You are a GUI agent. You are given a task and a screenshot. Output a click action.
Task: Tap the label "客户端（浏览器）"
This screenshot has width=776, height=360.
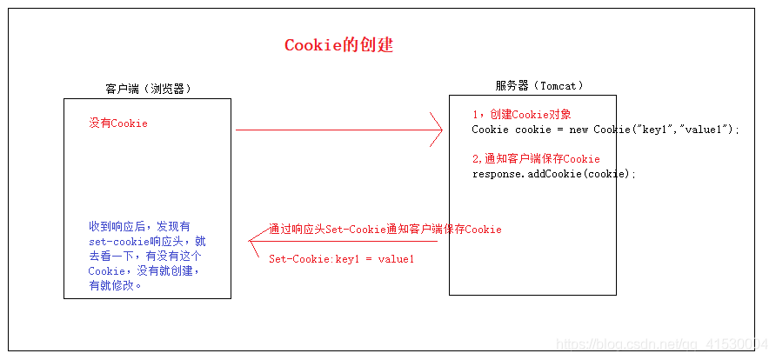click(148, 89)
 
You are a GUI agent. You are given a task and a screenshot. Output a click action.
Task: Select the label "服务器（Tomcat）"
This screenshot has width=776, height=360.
click(539, 85)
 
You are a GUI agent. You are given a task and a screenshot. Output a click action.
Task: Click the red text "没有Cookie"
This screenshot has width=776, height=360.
click(118, 123)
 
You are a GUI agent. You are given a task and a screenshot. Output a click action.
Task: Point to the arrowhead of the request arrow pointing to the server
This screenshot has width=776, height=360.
click(437, 130)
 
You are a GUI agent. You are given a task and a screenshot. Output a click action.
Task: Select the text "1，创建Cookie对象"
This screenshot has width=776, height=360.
click(521, 115)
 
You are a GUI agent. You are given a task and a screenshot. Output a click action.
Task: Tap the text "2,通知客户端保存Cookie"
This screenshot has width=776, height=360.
click(535, 159)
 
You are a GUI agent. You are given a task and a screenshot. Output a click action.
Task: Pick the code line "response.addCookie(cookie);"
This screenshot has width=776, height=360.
click(554, 174)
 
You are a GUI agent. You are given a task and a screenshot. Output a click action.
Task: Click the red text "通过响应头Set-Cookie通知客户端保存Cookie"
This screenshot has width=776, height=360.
click(385, 230)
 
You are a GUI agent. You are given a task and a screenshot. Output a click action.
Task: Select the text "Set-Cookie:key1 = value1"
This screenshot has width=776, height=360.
click(341, 259)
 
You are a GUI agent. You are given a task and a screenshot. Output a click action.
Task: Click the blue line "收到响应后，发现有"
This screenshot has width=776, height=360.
click(139, 226)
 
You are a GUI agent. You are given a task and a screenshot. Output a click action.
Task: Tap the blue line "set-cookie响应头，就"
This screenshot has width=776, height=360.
click(147, 241)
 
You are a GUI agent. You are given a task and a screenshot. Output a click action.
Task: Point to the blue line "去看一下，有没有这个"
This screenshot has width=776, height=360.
click(145, 256)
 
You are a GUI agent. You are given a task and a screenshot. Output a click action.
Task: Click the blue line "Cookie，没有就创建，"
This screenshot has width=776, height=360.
click(144, 270)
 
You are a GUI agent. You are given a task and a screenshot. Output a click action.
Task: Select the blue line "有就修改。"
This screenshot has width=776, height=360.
click(114, 285)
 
